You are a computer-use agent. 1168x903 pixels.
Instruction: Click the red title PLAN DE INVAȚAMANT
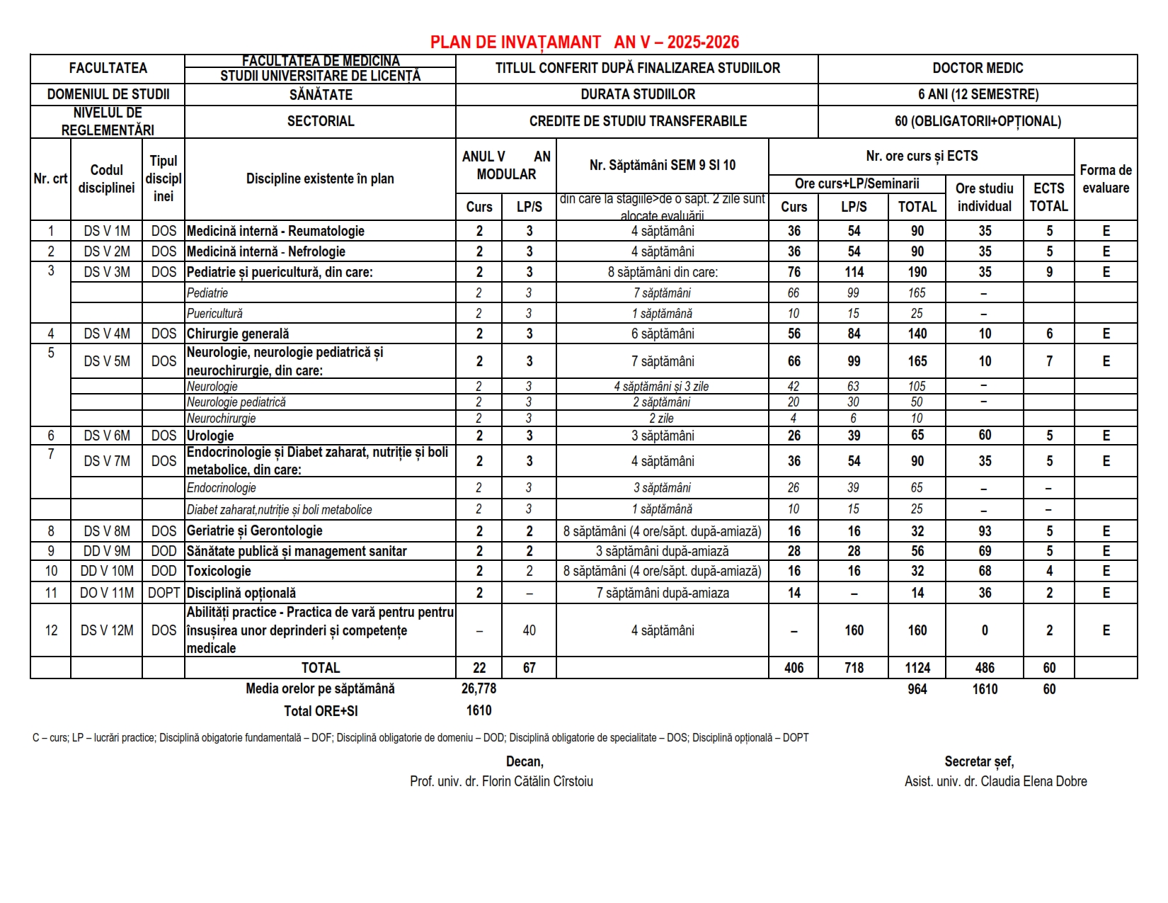[x=515, y=42]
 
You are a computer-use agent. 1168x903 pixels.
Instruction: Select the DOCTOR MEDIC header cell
[x=978, y=69]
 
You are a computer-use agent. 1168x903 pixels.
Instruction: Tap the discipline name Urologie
[x=210, y=436]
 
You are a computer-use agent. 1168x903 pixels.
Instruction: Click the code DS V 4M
[x=107, y=334]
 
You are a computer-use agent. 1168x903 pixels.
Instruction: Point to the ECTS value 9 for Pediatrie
[x=1049, y=272]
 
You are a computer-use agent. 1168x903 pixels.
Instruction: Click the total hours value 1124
[x=917, y=668]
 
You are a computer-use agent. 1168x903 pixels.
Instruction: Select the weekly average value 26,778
[x=479, y=688]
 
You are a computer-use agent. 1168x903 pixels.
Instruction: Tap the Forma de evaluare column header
[x=1106, y=178]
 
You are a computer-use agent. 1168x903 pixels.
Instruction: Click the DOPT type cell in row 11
[x=164, y=593]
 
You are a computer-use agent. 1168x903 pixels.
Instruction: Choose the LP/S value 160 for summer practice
[x=854, y=630]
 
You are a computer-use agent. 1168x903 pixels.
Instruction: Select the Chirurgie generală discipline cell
[x=238, y=334]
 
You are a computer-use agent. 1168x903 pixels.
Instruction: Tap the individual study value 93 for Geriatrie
[x=985, y=531]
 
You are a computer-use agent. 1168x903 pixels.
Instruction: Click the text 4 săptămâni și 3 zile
[x=662, y=387]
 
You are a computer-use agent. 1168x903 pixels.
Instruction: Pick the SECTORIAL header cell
[x=321, y=121]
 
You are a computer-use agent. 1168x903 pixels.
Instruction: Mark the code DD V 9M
[x=107, y=551]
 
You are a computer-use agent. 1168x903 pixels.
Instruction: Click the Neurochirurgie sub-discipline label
[x=222, y=419]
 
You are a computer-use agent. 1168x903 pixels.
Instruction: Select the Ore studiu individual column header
[x=985, y=197]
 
